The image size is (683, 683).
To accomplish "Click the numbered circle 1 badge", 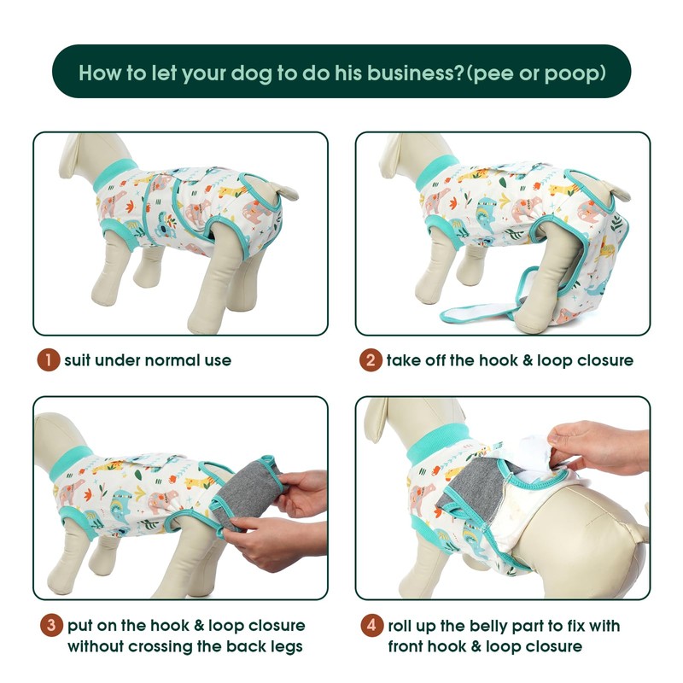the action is click(x=49, y=360).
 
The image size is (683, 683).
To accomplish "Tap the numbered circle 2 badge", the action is click(x=371, y=360).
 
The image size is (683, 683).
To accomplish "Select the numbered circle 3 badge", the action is click(x=51, y=625).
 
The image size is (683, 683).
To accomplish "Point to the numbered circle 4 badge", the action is click(x=371, y=626).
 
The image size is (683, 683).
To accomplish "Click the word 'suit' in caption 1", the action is click(x=77, y=360).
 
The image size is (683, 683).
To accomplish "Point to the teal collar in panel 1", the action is click(x=114, y=174).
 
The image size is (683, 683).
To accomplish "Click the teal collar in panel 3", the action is click(x=70, y=463).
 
